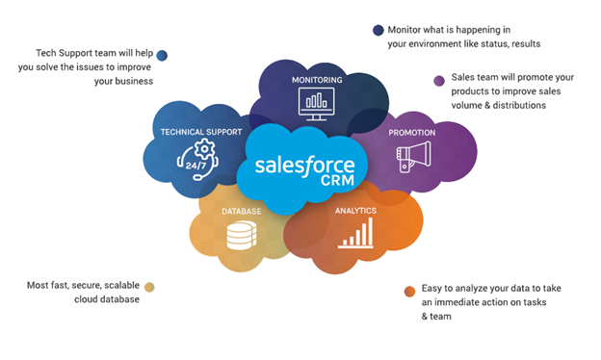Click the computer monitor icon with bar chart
pyautogui.click(x=317, y=100)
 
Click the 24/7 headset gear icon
pyautogui.click(x=198, y=156)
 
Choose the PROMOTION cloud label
pyautogui.click(x=412, y=132)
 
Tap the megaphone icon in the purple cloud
pyautogui.click(x=413, y=156)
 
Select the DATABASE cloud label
pyautogui.click(x=241, y=210)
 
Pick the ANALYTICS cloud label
pyautogui.click(x=355, y=210)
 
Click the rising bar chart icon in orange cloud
pyautogui.click(x=355, y=234)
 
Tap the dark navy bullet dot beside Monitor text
pyautogui.click(x=379, y=31)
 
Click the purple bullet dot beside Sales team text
pyautogui.click(x=439, y=80)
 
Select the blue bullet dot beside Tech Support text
pyautogui.click(x=162, y=56)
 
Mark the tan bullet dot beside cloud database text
pyautogui.click(x=149, y=286)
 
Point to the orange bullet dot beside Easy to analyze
pyautogui.click(x=410, y=291)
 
